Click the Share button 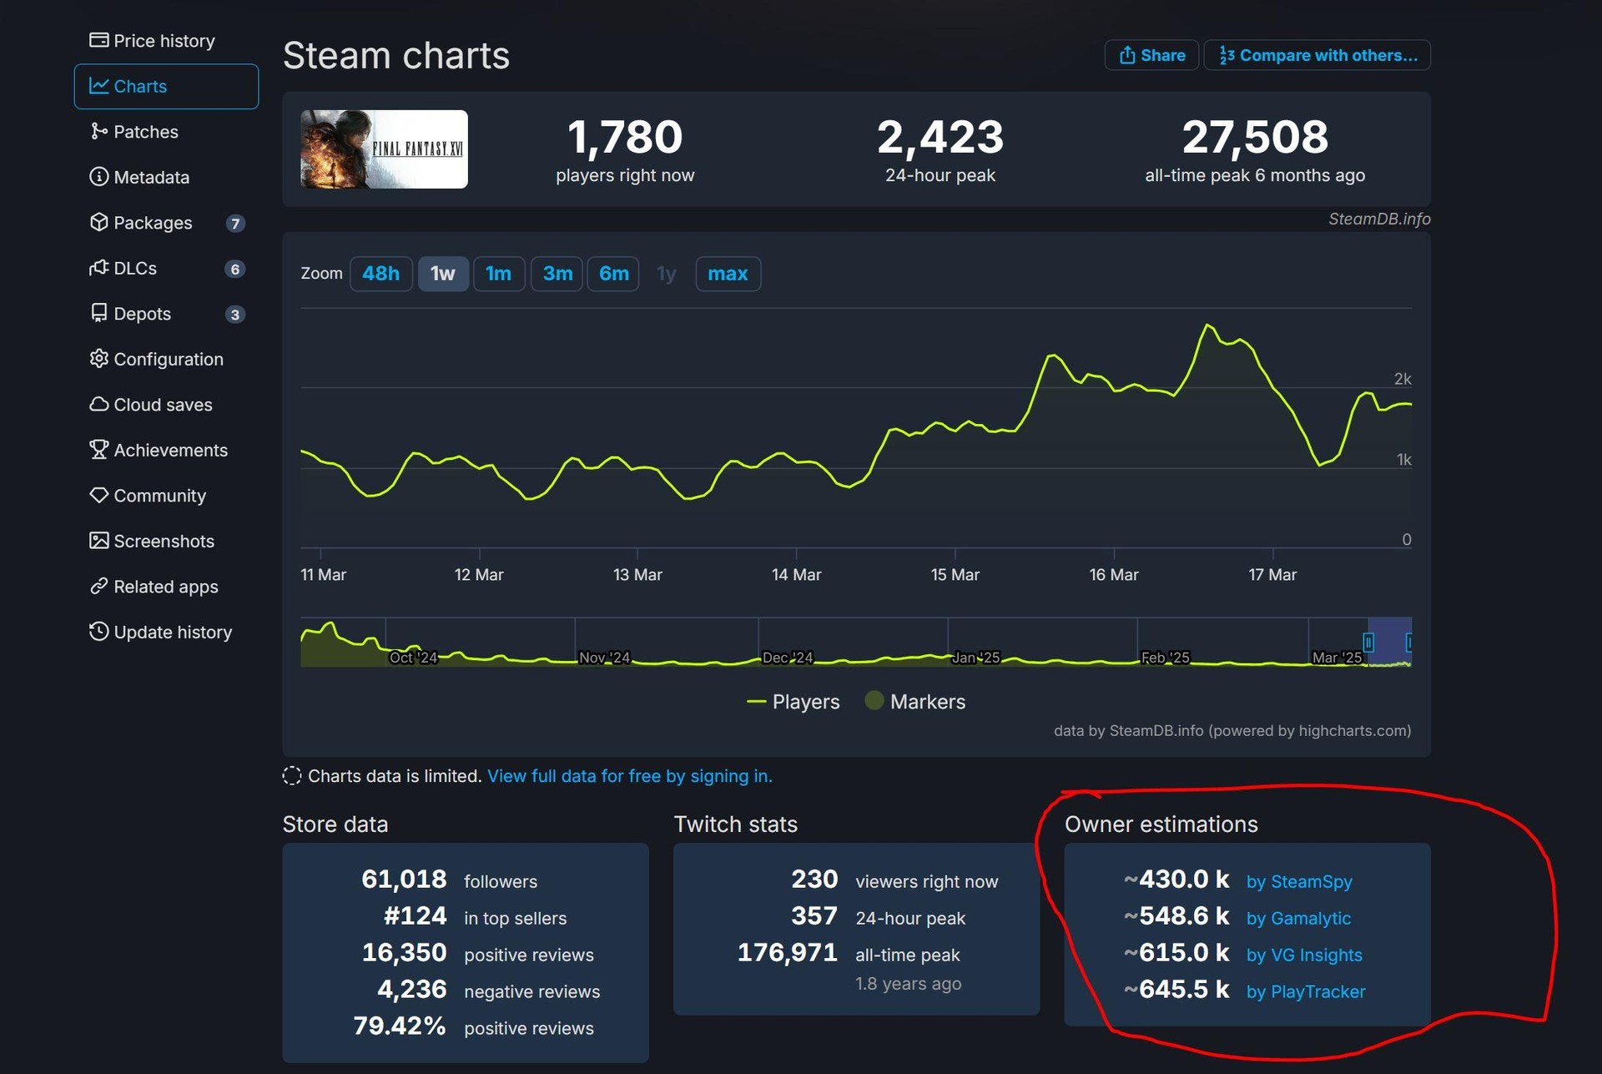(1151, 55)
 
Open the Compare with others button (1317, 55)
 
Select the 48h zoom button (380, 274)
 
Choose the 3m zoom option (557, 274)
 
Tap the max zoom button (727, 274)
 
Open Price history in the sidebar (164, 41)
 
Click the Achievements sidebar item (170, 450)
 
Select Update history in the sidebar (173, 632)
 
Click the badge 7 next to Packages (235, 223)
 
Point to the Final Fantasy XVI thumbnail (384, 149)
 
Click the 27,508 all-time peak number (1254, 137)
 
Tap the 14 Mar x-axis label (796, 575)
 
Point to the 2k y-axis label (1402, 379)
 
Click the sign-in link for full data (629, 776)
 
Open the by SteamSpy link (1298, 881)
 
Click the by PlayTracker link (1305, 991)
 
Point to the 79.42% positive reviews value (399, 1026)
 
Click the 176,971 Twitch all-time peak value (787, 953)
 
